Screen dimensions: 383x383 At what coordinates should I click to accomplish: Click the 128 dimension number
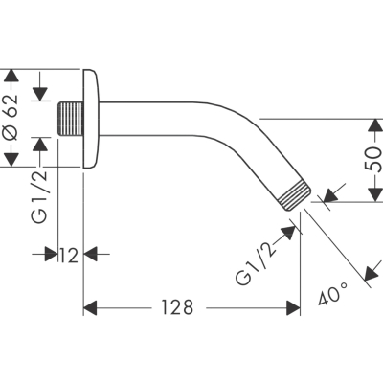[x=177, y=307]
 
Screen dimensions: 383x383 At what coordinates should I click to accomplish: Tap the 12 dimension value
[x=69, y=256]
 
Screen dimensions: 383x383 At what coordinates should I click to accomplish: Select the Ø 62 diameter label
[x=11, y=117]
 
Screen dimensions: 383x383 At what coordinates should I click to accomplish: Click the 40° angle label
[x=332, y=293]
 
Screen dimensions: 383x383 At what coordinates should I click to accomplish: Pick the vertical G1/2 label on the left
[x=39, y=196]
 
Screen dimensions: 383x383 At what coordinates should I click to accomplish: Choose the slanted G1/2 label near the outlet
[x=256, y=264]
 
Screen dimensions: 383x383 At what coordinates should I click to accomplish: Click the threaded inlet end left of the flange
[x=70, y=119]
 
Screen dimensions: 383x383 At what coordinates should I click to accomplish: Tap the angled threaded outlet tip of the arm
[x=295, y=195]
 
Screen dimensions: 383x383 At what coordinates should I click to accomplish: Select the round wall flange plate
[x=91, y=119]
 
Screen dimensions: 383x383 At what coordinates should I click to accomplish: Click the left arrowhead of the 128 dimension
[x=90, y=308]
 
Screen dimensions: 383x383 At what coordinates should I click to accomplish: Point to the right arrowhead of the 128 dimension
[x=293, y=308]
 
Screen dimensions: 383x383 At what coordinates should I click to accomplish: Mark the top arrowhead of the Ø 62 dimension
[x=11, y=76]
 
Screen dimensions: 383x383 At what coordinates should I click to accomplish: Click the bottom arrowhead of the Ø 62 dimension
[x=11, y=160]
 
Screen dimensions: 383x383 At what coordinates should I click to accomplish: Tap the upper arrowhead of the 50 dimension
[x=374, y=125]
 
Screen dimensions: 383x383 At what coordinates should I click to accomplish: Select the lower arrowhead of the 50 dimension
[x=374, y=194]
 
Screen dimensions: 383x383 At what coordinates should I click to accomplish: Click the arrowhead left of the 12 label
[x=51, y=254]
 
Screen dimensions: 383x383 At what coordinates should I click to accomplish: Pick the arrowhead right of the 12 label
[x=90, y=254]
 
